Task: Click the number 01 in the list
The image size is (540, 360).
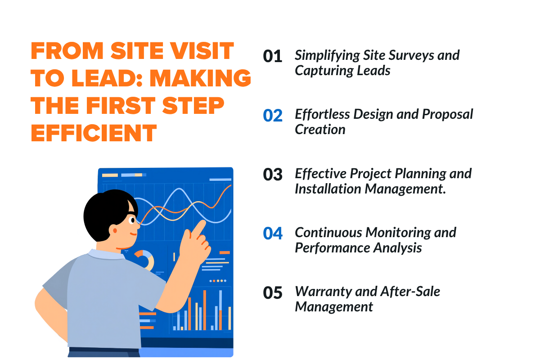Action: (x=273, y=57)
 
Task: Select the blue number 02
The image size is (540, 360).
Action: (x=273, y=116)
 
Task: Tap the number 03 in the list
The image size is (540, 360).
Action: (x=273, y=175)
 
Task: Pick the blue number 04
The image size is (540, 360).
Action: (x=273, y=234)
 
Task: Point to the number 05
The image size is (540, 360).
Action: (x=273, y=293)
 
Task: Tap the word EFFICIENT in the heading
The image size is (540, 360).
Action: (x=94, y=133)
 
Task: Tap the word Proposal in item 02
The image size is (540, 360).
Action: (x=447, y=114)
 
